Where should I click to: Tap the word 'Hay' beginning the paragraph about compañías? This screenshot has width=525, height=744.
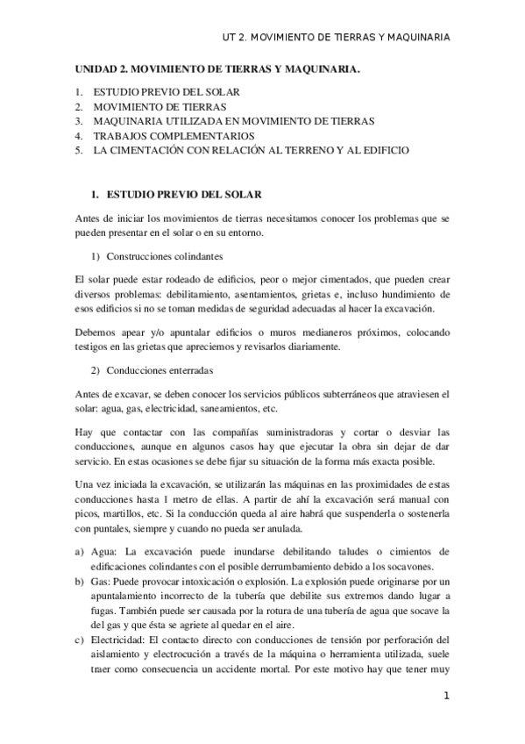[81, 433]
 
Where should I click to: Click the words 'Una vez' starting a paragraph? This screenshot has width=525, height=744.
[91, 484]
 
